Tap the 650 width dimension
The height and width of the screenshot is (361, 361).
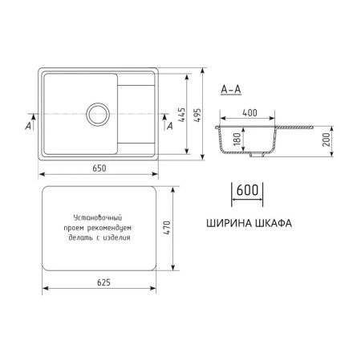click(x=97, y=168)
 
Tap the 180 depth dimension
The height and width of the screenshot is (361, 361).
click(x=235, y=140)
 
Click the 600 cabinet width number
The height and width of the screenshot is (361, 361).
click(x=248, y=192)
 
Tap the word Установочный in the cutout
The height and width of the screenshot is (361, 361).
click(x=96, y=217)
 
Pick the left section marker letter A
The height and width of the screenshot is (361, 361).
click(x=28, y=126)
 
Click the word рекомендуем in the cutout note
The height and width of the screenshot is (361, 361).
click(x=112, y=228)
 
